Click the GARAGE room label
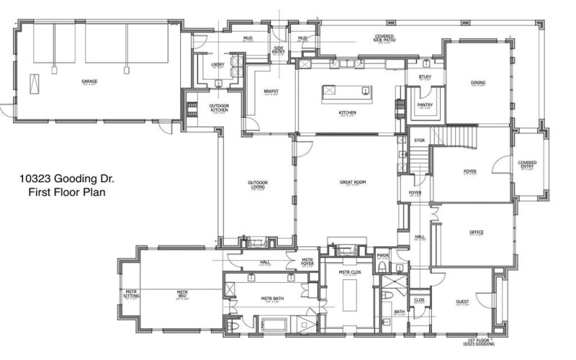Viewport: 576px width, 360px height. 89,81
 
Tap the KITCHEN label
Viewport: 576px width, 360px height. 348,112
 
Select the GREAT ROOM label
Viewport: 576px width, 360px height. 354,183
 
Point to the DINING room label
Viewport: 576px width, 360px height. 478,83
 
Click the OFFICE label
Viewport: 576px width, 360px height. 476,233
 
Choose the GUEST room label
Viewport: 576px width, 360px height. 462,302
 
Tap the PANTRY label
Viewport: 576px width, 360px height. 425,104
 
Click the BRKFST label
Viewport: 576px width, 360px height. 271,91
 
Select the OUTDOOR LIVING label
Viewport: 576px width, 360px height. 258,185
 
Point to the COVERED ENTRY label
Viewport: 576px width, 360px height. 527,165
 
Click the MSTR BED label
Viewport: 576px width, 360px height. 182,294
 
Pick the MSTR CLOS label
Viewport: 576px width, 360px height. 347,271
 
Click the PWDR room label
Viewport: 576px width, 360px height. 383,255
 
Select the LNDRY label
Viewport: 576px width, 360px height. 217,66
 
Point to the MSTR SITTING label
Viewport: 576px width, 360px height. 132,294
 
